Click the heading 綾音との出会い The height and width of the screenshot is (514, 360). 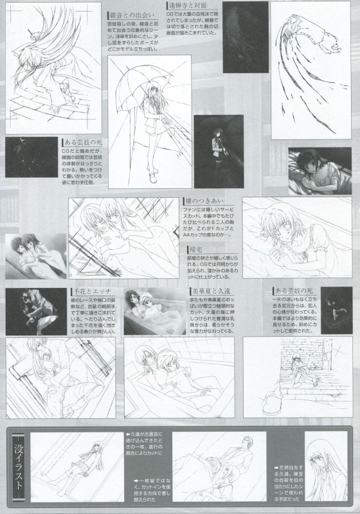click(132, 13)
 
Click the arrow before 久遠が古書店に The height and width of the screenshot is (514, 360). click(129, 435)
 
